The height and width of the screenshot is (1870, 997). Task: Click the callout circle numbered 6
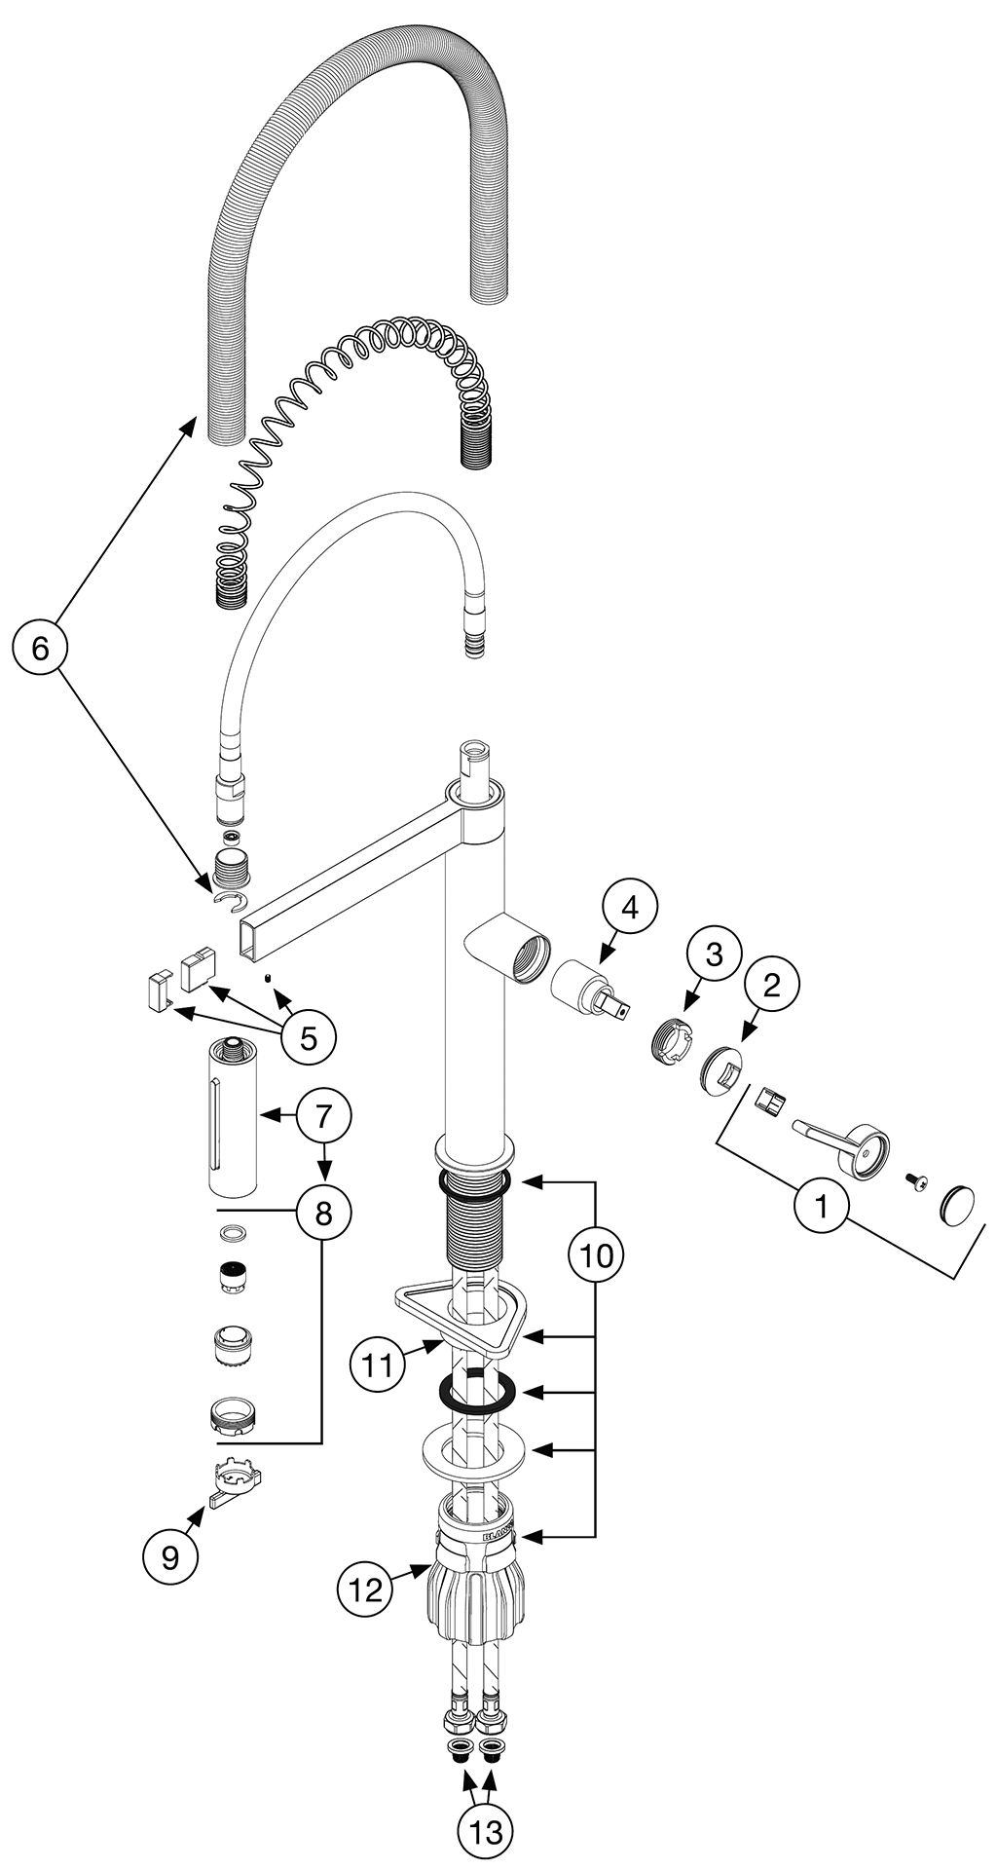click(x=40, y=648)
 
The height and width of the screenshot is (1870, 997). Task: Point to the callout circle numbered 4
click(x=629, y=908)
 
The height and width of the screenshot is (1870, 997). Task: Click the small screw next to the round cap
click(x=916, y=1180)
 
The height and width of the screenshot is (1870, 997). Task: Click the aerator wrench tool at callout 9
click(x=236, y=1483)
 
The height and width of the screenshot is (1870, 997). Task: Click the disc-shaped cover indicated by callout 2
click(x=721, y=1070)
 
